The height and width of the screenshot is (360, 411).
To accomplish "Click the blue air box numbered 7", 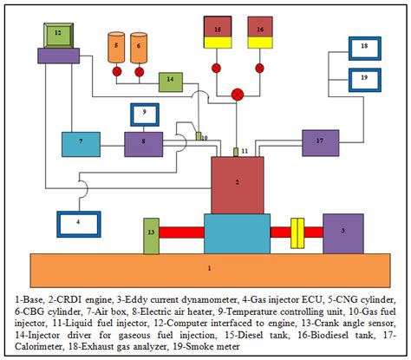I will (x=82, y=143).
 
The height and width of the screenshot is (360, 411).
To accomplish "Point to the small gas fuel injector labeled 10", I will (x=197, y=136).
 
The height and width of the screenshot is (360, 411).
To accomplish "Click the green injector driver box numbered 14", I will (x=170, y=82).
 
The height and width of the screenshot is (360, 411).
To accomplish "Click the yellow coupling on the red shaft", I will (x=295, y=232).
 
